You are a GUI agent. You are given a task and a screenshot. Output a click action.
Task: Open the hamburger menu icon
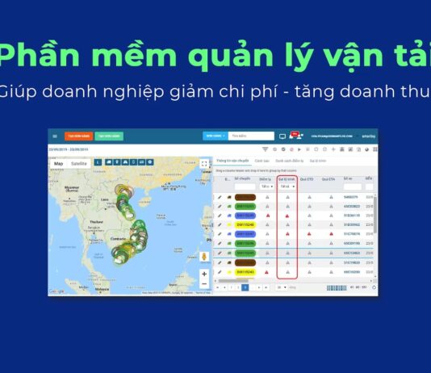pyautogui.click(x=55, y=136)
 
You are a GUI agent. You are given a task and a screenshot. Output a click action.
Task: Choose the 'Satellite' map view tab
pyautogui.click(x=79, y=164)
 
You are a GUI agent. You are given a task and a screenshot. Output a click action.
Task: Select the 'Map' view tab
pyautogui.click(x=58, y=164)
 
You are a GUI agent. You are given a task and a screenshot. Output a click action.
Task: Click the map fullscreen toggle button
pyautogui.click(x=203, y=164)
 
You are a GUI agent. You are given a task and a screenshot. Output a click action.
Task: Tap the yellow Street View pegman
pyautogui.click(x=203, y=256)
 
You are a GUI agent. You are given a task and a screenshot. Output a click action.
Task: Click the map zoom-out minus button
pyautogui.click(x=203, y=283)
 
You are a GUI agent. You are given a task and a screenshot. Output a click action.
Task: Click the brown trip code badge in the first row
pyautogui.click(x=245, y=196)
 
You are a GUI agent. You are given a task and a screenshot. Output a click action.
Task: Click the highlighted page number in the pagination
pyautogui.click(x=245, y=287)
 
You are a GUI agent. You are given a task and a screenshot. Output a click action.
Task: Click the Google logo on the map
pyautogui.click(x=56, y=291)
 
